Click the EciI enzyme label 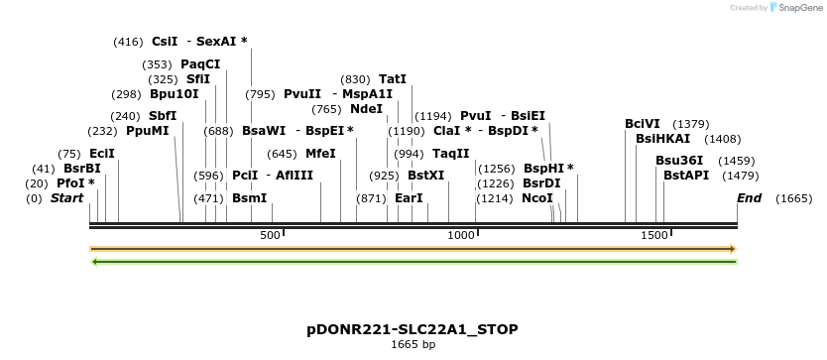pos(101,154)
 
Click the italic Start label pos(66,198)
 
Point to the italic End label pos(750,198)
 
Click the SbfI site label pos(163,116)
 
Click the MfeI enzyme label pos(320,154)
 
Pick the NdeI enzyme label pos(366,109)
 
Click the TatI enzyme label pos(393,79)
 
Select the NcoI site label pos(536,198)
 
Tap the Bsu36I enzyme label pos(679,161)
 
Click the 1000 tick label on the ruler pos(461,235)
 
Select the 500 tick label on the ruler pos(270,235)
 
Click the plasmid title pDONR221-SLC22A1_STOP pos(413,329)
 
